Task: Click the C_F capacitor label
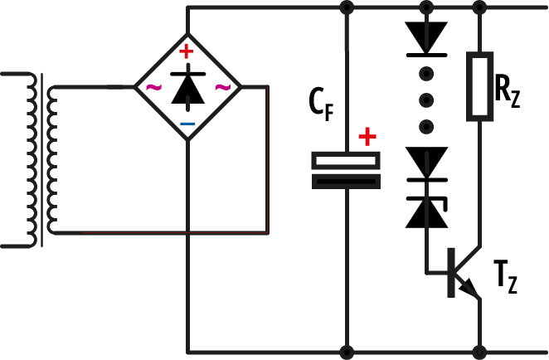tap(321, 105)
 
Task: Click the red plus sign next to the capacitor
tap(367, 137)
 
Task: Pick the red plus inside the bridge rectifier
tap(187, 51)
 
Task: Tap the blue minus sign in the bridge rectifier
tap(187, 124)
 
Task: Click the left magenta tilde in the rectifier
tap(153, 88)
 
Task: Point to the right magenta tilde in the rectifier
tap(223, 88)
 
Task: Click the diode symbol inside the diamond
tap(188, 88)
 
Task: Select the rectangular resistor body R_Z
tap(479, 86)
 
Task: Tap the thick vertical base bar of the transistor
tap(451, 273)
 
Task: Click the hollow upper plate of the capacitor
tap(346, 160)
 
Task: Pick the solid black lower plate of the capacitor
tap(346, 182)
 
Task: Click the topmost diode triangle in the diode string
tap(426, 37)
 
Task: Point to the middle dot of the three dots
tap(426, 100)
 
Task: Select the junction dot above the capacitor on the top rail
tap(347, 7)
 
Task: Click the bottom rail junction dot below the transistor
tap(479, 352)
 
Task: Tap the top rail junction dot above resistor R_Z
tap(479, 7)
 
